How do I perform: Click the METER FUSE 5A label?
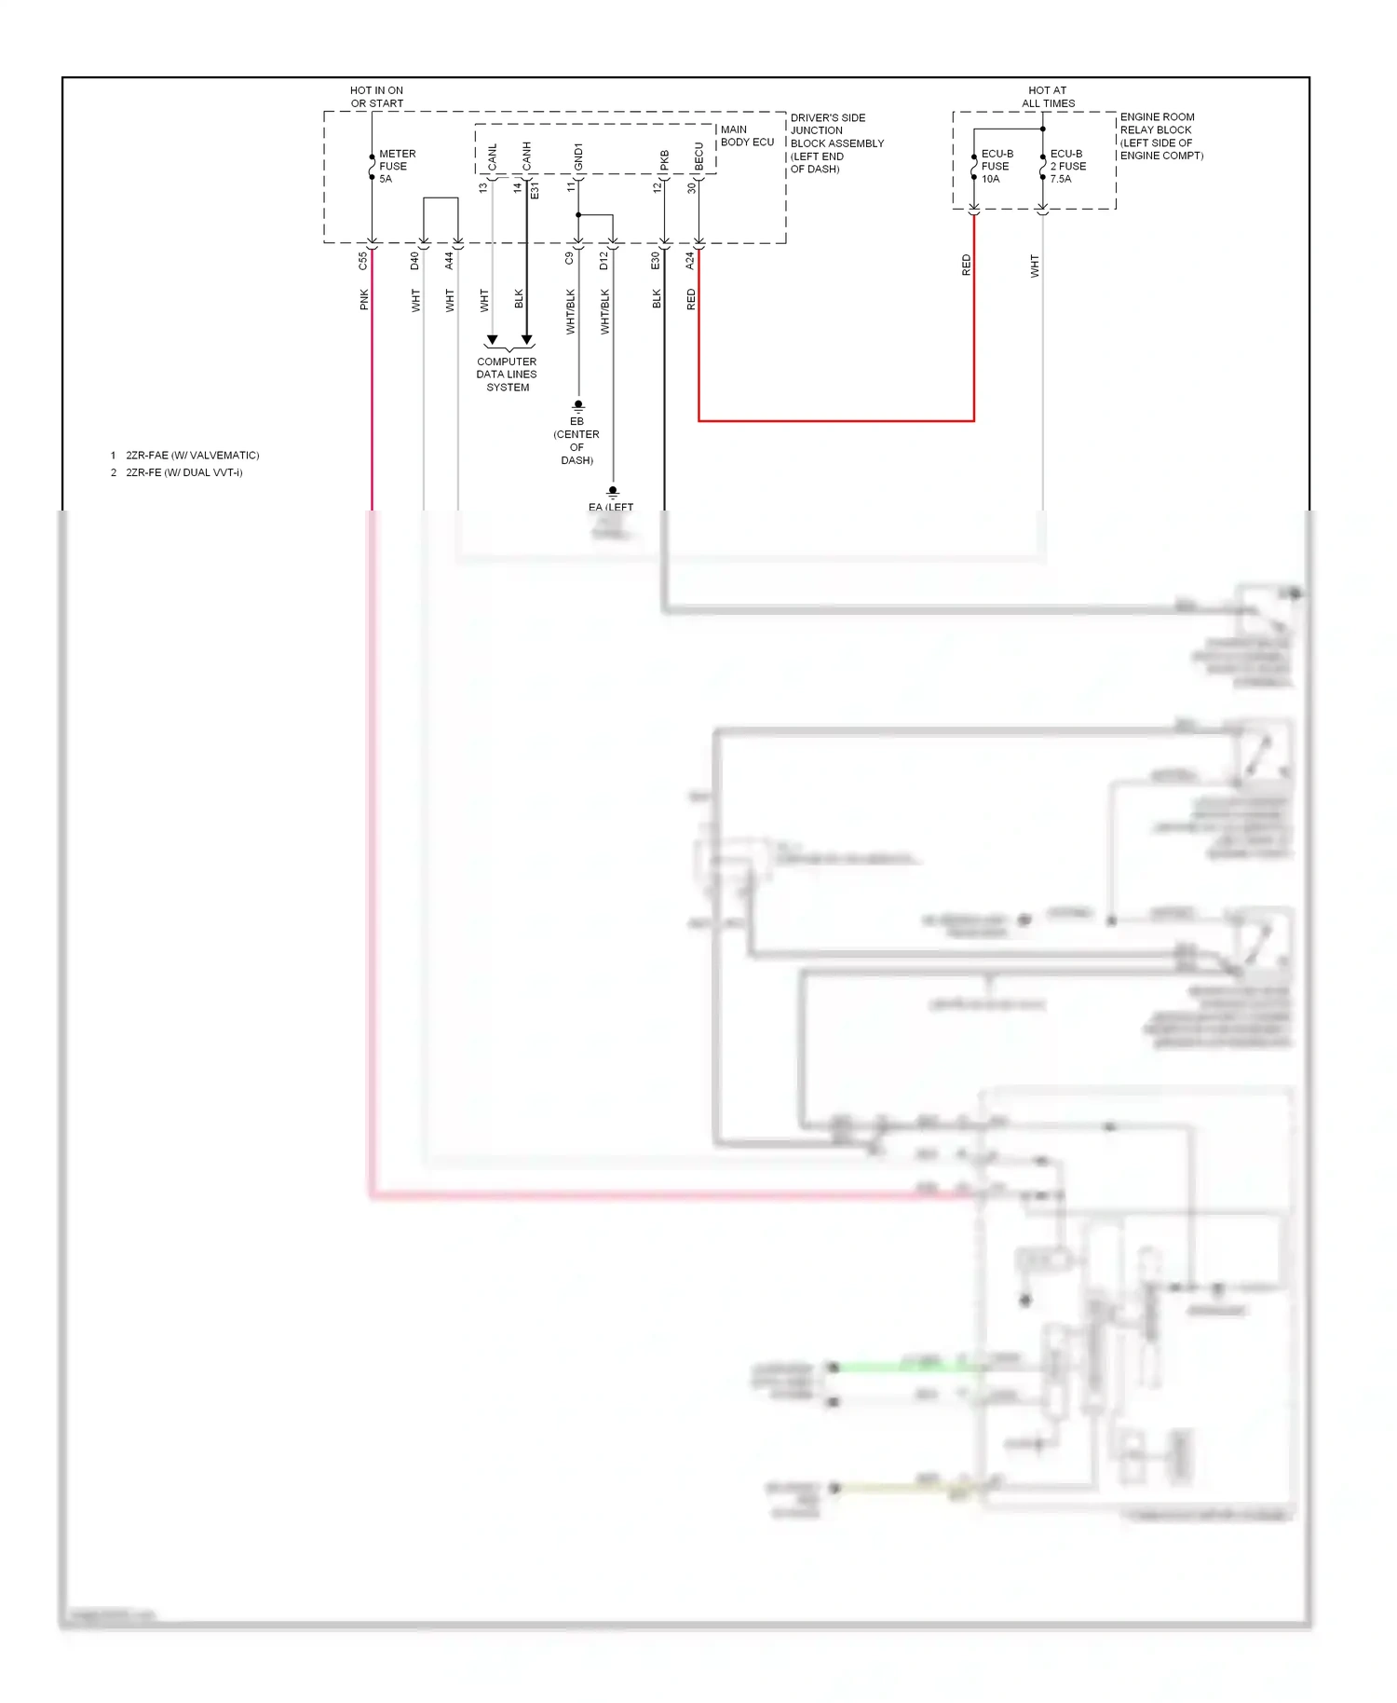(397, 166)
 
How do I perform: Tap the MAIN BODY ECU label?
(747, 136)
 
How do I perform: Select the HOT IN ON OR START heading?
(377, 97)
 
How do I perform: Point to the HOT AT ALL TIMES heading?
(1048, 97)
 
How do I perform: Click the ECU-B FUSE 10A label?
(997, 166)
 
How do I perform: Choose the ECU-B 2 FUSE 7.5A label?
(1067, 166)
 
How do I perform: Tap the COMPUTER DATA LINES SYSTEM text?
(507, 375)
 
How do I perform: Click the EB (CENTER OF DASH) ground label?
(576, 441)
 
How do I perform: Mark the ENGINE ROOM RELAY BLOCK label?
(1160, 136)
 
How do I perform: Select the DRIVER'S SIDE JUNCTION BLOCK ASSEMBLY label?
(836, 143)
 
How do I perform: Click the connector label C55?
(363, 262)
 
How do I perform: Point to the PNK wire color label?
(364, 299)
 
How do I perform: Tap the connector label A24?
(690, 262)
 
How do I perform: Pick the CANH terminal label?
(527, 157)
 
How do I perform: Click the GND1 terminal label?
(578, 157)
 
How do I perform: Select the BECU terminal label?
(699, 157)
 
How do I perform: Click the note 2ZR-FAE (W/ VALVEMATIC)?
(192, 456)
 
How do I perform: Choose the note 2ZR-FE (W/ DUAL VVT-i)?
(183, 472)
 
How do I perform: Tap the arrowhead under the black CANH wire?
(526, 340)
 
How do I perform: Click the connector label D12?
(604, 261)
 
